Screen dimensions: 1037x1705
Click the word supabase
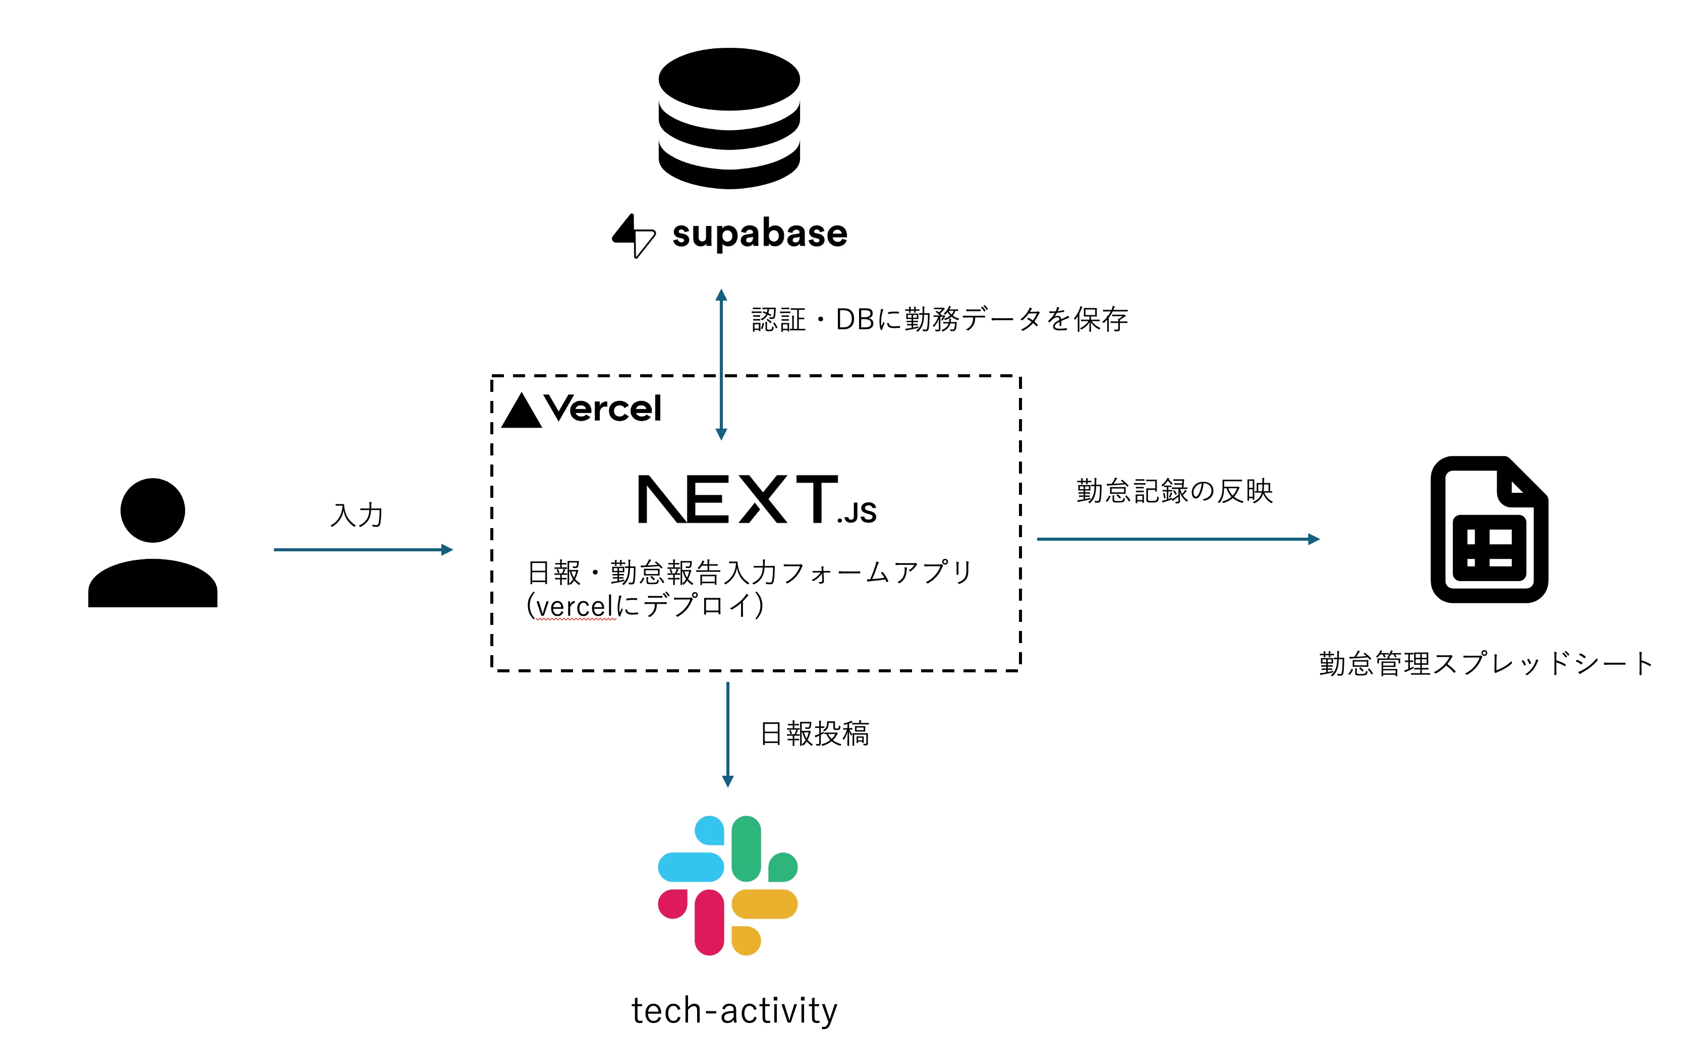point(759,234)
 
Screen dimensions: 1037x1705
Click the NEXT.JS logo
point(756,499)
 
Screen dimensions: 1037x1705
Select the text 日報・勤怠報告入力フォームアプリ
point(750,573)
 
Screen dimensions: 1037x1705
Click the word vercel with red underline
point(575,607)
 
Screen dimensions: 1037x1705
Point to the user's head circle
point(152,510)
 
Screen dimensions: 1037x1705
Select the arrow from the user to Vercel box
point(363,550)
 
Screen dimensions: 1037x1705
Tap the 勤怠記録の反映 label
point(1174,491)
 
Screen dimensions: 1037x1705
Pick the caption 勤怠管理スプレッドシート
point(1485,663)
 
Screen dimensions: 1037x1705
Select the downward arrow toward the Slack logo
point(727,733)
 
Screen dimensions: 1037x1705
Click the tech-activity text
point(734,1011)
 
